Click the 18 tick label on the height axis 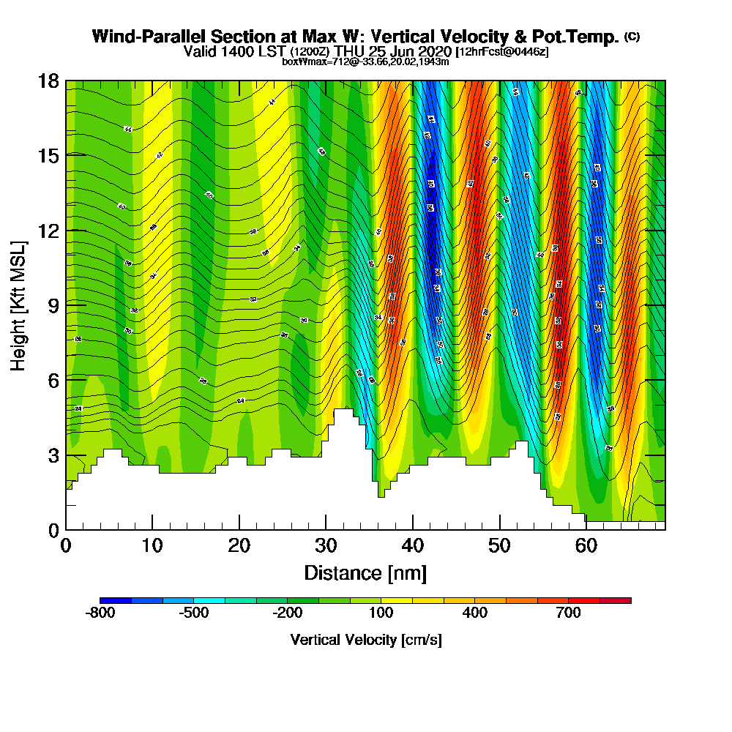coord(48,81)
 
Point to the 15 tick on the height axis coord(48,156)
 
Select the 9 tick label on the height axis coord(53,305)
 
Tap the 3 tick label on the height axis coord(53,455)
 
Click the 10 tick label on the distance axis coord(152,545)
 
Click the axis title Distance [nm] coord(365,572)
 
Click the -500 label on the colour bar coord(194,613)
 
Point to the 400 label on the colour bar coord(475,613)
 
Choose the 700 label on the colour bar coord(569,613)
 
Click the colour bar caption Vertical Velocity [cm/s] coord(365,640)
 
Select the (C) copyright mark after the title coord(632,36)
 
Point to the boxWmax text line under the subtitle coord(365,61)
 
